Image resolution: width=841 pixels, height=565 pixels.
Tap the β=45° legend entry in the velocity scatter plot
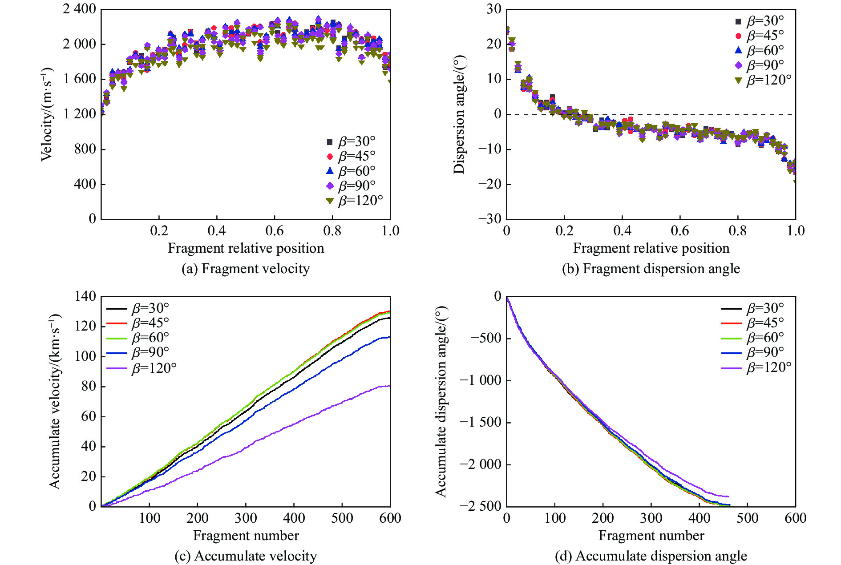tap(351, 156)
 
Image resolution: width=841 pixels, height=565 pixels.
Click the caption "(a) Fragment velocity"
tap(246, 269)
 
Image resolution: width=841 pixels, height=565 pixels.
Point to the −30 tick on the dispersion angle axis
tap(489, 219)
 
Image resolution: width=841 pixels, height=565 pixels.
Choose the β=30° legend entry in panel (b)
tap(759, 21)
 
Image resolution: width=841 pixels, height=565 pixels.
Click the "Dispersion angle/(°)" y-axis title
tap(459, 114)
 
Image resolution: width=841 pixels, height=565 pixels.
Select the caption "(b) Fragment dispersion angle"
tap(651, 269)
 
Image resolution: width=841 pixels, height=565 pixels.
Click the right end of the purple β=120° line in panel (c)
tap(389, 386)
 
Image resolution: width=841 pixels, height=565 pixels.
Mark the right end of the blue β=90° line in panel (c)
tap(389, 337)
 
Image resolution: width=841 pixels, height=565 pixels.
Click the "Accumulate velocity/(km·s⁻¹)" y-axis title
tap(55, 401)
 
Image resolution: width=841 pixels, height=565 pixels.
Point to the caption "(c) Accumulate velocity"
tap(246, 556)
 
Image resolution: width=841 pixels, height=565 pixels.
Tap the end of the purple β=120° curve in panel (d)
tap(728, 496)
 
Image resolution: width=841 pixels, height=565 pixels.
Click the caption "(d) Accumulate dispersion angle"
tap(651, 556)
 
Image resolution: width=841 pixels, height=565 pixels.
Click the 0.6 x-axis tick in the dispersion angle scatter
tap(680, 231)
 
